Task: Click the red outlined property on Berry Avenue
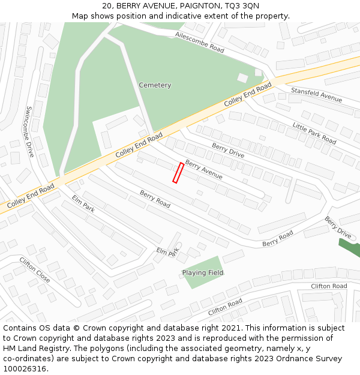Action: tap(178, 173)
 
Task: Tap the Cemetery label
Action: tap(155, 85)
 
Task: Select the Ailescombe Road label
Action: tap(200, 43)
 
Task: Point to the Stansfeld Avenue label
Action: tap(316, 94)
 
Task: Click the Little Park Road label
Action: tap(314, 133)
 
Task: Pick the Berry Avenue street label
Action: tap(204, 170)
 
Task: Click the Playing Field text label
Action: tap(203, 273)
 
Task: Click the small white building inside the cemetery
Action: tap(242, 77)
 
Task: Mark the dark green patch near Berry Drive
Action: tap(349, 247)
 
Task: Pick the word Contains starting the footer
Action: tap(20, 328)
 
